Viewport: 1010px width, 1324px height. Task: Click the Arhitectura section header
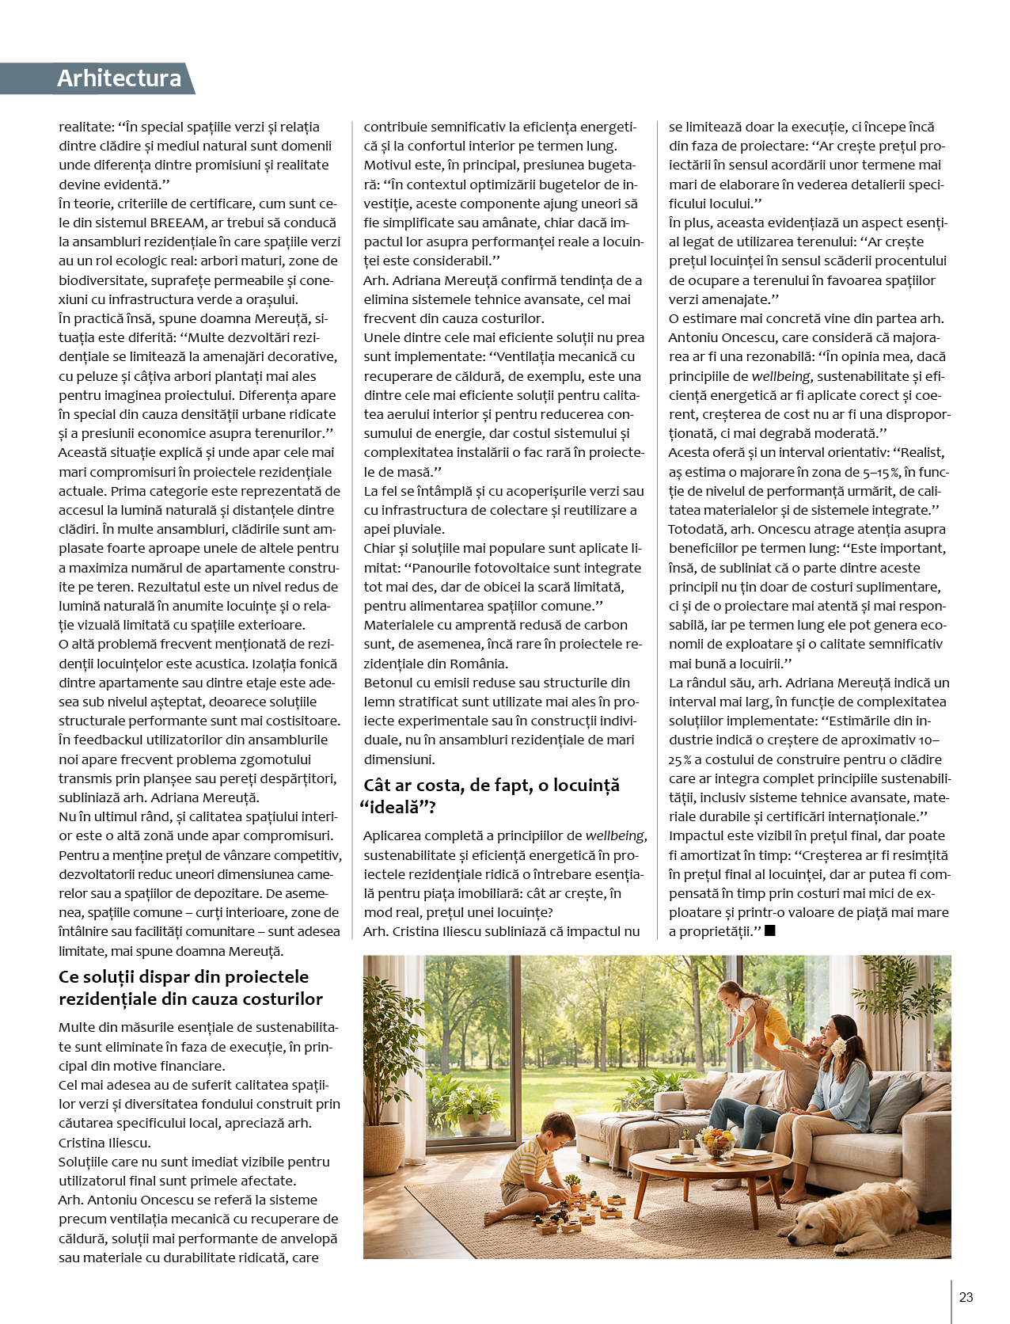[119, 78]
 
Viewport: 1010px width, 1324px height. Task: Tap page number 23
[966, 1297]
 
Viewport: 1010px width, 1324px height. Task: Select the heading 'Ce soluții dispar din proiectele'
[184, 976]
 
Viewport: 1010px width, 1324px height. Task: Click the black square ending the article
[770, 930]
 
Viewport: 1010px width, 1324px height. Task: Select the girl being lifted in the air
[752, 1010]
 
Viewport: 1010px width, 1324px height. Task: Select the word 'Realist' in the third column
[920, 453]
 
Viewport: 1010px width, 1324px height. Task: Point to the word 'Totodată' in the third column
[696, 529]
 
